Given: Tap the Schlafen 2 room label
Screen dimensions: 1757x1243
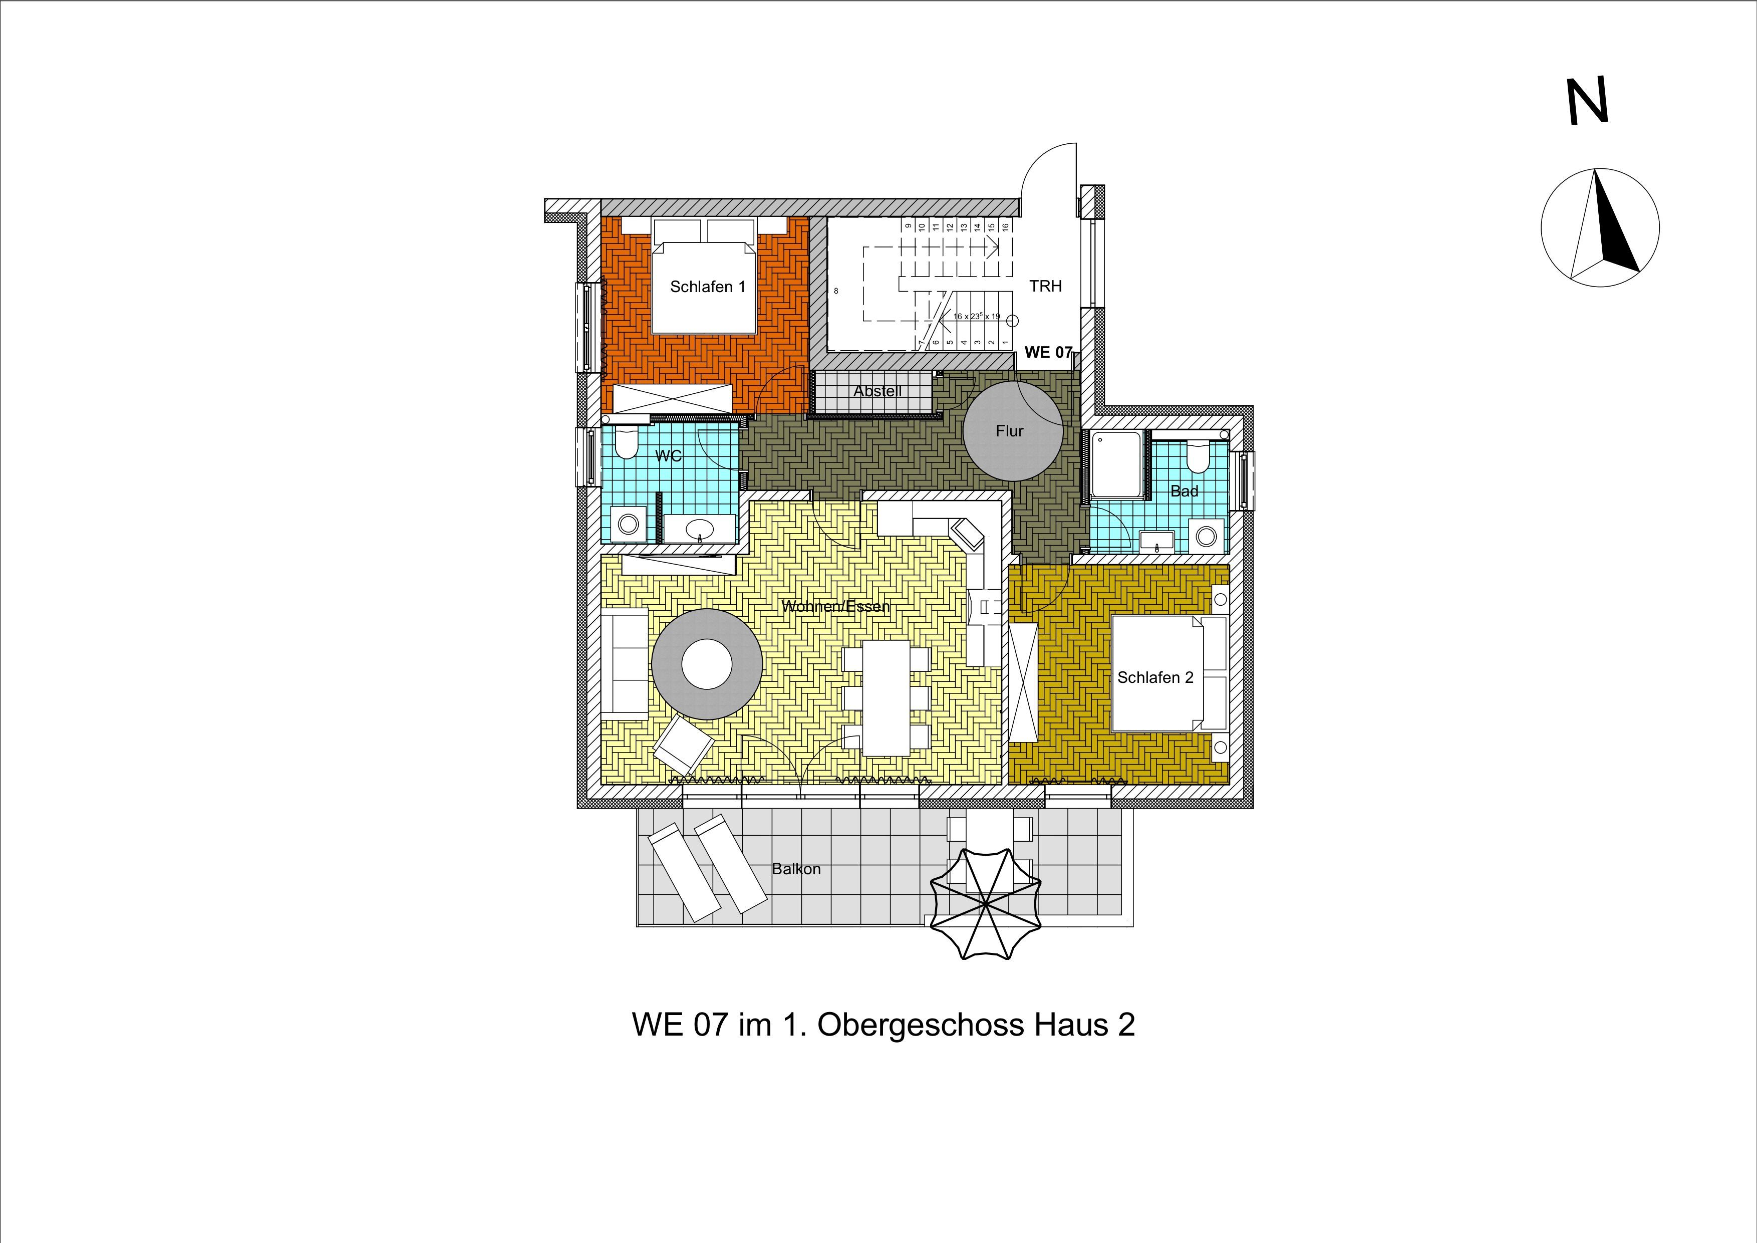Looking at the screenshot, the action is [1155, 677].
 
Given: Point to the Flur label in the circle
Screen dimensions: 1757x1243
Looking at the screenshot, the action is [1009, 431].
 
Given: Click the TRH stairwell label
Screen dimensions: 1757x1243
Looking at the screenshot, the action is [1045, 286].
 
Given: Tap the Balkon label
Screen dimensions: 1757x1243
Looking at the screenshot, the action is [796, 869].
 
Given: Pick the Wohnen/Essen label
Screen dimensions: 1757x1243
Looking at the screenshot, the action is [835, 606].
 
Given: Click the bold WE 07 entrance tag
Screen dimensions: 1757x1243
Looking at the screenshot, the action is [1048, 353].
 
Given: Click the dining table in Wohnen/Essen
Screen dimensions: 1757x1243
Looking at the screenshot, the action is [887, 698].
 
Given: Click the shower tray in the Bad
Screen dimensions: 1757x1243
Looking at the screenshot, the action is [1118, 464].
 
